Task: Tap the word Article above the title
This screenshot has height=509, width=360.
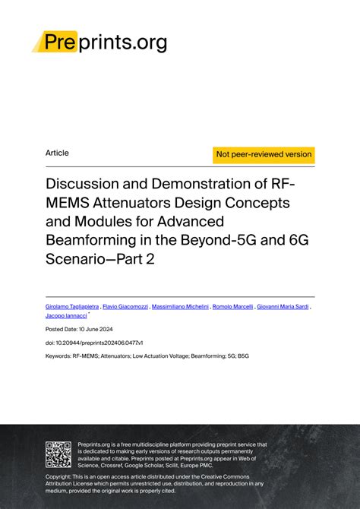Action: pos(57,153)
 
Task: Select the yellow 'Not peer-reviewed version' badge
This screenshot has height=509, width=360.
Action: pos(264,154)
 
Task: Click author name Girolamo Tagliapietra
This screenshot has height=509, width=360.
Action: pos(72,306)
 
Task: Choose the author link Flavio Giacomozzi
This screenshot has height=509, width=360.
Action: pos(125,306)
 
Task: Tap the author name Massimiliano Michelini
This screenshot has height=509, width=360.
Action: pos(179,306)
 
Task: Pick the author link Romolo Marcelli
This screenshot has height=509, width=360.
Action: pos(232,306)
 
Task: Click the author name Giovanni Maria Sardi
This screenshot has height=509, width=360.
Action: pos(283,306)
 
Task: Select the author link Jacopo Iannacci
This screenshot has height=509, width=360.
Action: pos(66,315)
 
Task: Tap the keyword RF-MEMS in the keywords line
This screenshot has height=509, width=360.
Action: pos(88,356)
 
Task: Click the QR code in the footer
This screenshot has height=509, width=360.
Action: pos(58,454)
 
